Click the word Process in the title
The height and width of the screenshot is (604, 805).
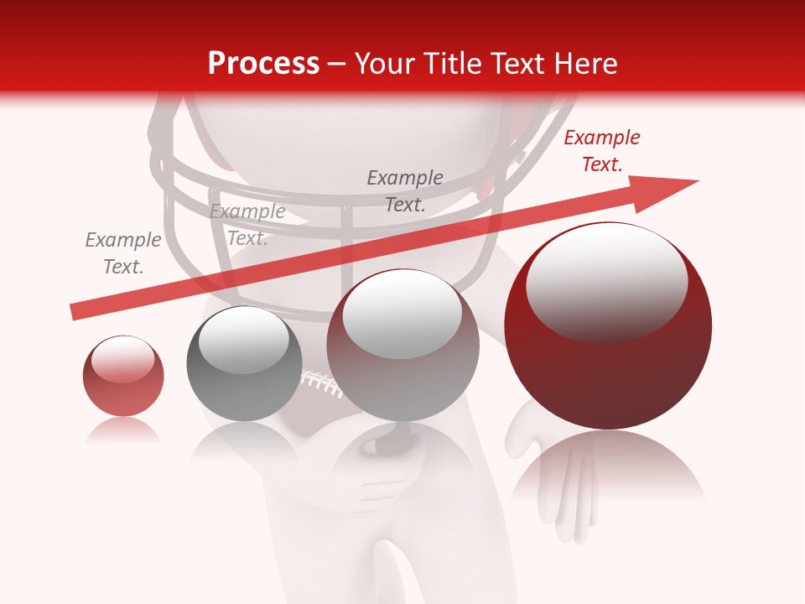pyautogui.click(x=263, y=64)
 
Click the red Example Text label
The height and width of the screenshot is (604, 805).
pyautogui.click(x=602, y=151)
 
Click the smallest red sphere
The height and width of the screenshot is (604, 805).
pyautogui.click(x=123, y=376)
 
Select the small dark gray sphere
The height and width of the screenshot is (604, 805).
pyautogui.click(x=244, y=363)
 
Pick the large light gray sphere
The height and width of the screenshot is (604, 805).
pyautogui.click(x=403, y=345)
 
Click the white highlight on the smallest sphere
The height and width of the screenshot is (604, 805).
pyautogui.click(x=122, y=359)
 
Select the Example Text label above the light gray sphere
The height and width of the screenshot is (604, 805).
pyautogui.click(x=405, y=190)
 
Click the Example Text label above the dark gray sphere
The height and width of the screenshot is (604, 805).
pyautogui.click(x=247, y=225)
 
